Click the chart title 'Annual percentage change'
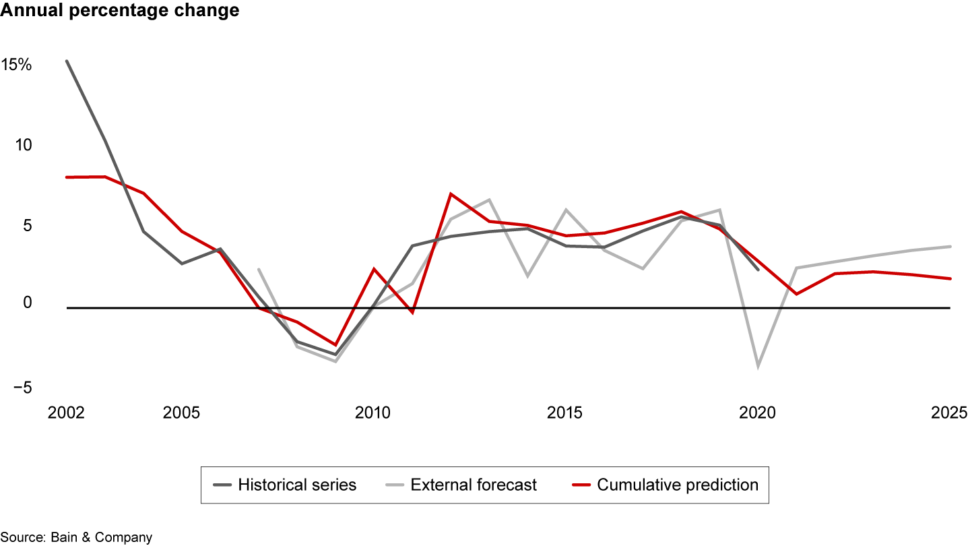[x=119, y=11]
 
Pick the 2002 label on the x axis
[x=66, y=413]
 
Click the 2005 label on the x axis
[x=181, y=413]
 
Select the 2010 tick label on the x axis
[x=373, y=413]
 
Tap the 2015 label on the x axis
[x=564, y=413]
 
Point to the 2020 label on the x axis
[x=757, y=413]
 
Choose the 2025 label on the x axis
[x=949, y=413]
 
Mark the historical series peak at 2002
[x=67, y=61]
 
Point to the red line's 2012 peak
[x=450, y=194]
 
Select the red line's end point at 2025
[x=950, y=278]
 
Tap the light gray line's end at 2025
[x=950, y=247]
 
